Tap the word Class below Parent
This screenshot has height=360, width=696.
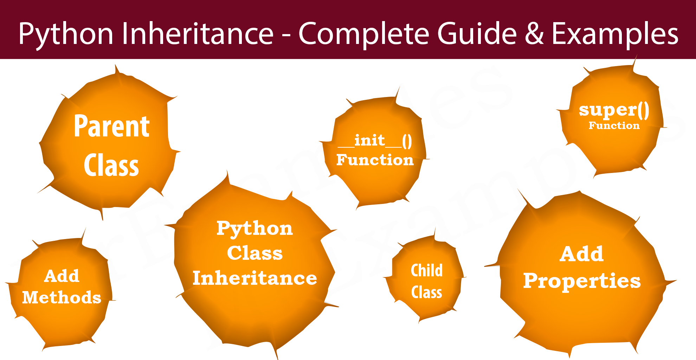111,165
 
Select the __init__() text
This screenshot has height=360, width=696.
375,141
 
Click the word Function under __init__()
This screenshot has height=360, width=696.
375,160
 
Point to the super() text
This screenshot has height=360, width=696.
614,110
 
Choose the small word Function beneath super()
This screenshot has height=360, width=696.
614,126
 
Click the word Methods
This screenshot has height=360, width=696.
62,297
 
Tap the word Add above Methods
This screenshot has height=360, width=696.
62,276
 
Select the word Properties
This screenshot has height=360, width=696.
582,281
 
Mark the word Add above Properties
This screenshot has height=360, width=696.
582,254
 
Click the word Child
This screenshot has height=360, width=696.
427,270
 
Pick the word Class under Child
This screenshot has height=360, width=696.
427,292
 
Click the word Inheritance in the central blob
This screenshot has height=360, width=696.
255,278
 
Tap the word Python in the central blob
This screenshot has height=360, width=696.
255,229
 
